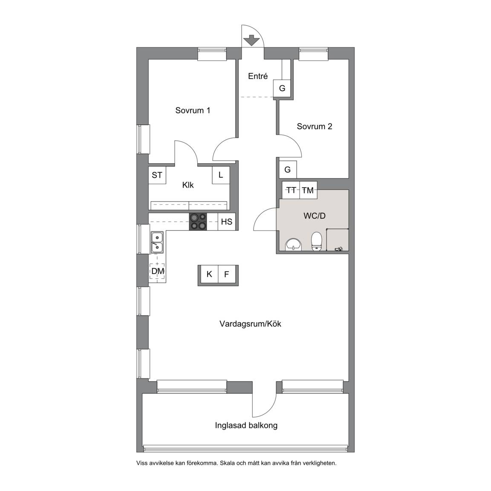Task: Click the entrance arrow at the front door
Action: (x=251, y=41)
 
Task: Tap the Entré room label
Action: (x=258, y=76)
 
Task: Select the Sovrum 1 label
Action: (x=193, y=110)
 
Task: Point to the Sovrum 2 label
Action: (x=315, y=126)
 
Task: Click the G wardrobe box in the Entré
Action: (x=282, y=88)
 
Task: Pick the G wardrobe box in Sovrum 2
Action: (x=287, y=169)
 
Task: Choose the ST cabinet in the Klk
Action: (x=157, y=175)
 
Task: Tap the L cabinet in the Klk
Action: (x=221, y=175)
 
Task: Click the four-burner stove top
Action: (x=198, y=222)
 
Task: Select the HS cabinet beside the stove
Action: (x=226, y=222)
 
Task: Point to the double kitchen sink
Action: (x=157, y=243)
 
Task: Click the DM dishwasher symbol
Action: (x=158, y=271)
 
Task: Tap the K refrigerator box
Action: (x=210, y=274)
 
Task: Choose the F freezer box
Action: (x=227, y=274)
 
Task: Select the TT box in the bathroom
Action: (x=291, y=190)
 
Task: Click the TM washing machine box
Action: (x=309, y=190)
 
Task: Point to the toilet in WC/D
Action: (x=317, y=241)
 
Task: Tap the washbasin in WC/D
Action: (x=293, y=244)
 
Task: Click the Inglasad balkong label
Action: (x=246, y=425)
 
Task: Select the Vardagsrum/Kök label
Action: (x=250, y=324)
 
